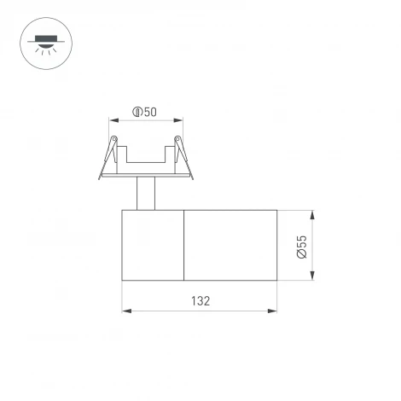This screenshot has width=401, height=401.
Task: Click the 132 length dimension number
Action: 200,300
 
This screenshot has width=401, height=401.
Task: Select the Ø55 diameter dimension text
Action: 301,244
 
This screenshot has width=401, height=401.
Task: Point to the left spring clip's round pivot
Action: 111,139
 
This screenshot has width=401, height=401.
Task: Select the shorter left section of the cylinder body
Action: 153,244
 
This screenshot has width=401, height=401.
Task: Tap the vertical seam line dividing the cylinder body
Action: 184,244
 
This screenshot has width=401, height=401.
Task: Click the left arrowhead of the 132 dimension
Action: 126,311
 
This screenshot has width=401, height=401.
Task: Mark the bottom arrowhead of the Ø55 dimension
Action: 315,276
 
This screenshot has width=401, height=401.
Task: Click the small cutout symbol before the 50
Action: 137,112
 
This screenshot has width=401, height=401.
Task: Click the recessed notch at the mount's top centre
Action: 144,155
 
